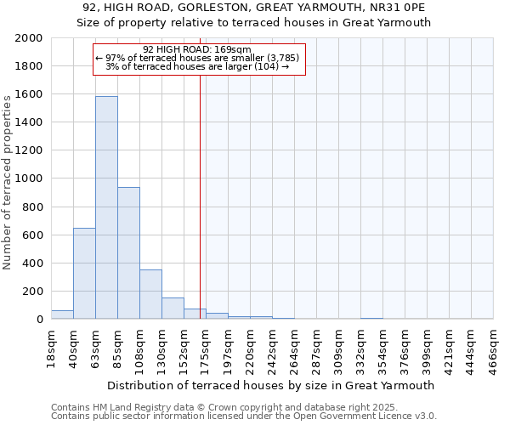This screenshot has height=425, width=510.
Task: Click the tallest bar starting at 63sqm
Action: click(106, 207)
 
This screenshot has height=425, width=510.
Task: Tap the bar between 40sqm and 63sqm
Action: click(84, 274)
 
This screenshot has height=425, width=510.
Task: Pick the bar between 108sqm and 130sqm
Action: click(150, 294)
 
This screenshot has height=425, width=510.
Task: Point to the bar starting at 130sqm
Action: click(173, 309)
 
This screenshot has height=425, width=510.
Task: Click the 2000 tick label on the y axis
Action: click(29, 38)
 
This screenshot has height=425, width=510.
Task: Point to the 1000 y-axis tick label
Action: click(29, 178)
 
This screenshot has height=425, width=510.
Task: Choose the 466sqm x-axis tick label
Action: click(493, 346)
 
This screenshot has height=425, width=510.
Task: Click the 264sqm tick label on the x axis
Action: click(294, 346)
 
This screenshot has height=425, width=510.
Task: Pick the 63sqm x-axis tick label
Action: click(95, 346)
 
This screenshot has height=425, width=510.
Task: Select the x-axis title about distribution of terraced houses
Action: click(272, 385)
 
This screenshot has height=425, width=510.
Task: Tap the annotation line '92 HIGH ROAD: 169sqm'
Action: click(197, 49)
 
